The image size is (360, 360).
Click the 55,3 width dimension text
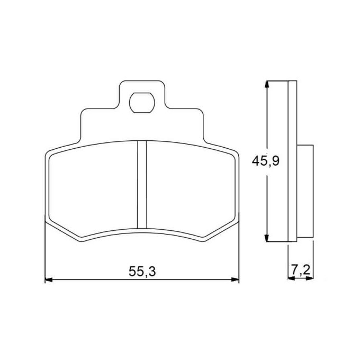click(142, 271)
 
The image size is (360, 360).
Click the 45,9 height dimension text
click(266, 161)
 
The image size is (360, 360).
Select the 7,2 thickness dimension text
click(301, 270)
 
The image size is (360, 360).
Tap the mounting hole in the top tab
click(142, 103)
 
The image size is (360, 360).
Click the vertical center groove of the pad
click(142, 185)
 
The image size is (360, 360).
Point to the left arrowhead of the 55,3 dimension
click(49, 280)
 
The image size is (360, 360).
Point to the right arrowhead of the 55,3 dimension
click(235, 280)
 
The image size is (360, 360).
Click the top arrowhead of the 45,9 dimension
click(266, 85)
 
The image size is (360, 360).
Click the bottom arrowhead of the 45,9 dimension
click(266, 238)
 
